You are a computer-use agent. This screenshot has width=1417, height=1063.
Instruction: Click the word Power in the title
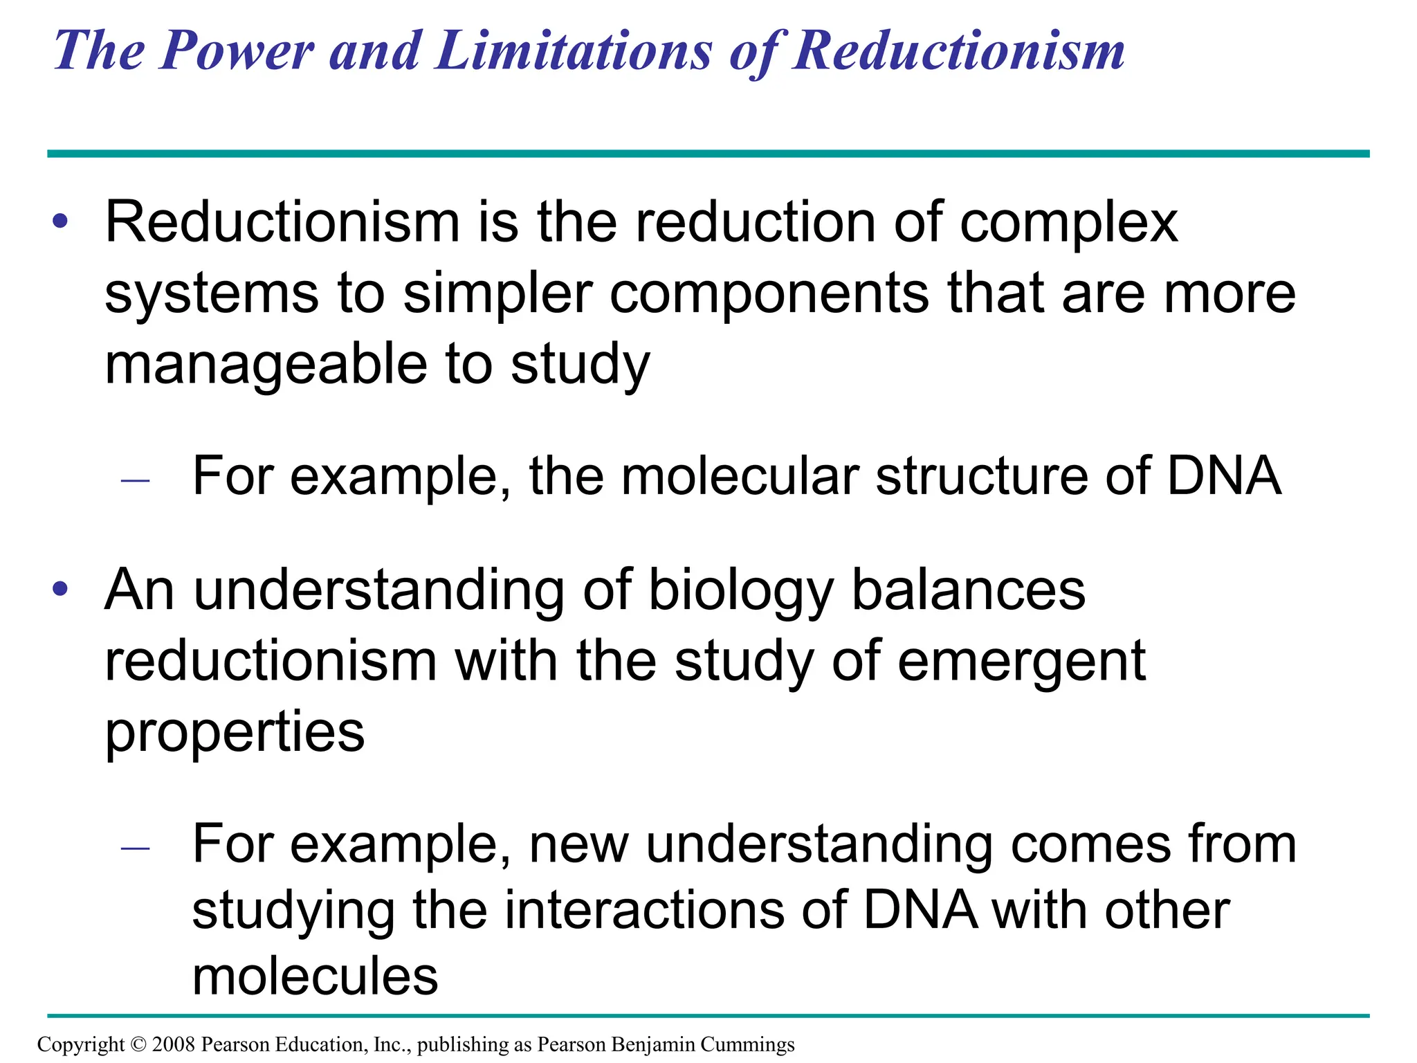[237, 51]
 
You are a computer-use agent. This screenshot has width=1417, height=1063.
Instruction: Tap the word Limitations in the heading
[573, 51]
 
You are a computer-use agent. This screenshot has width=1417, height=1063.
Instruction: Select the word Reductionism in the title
[958, 51]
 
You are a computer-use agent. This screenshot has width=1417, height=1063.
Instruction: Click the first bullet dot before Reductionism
[61, 221]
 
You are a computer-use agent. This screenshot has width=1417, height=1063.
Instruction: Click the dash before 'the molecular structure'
[135, 480]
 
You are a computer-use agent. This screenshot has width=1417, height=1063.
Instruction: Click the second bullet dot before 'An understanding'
[61, 589]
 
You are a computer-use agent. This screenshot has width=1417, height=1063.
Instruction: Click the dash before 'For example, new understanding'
[135, 848]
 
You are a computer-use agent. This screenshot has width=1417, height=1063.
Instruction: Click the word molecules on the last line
[315, 976]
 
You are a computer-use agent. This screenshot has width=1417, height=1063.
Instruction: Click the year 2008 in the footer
[173, 1044]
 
